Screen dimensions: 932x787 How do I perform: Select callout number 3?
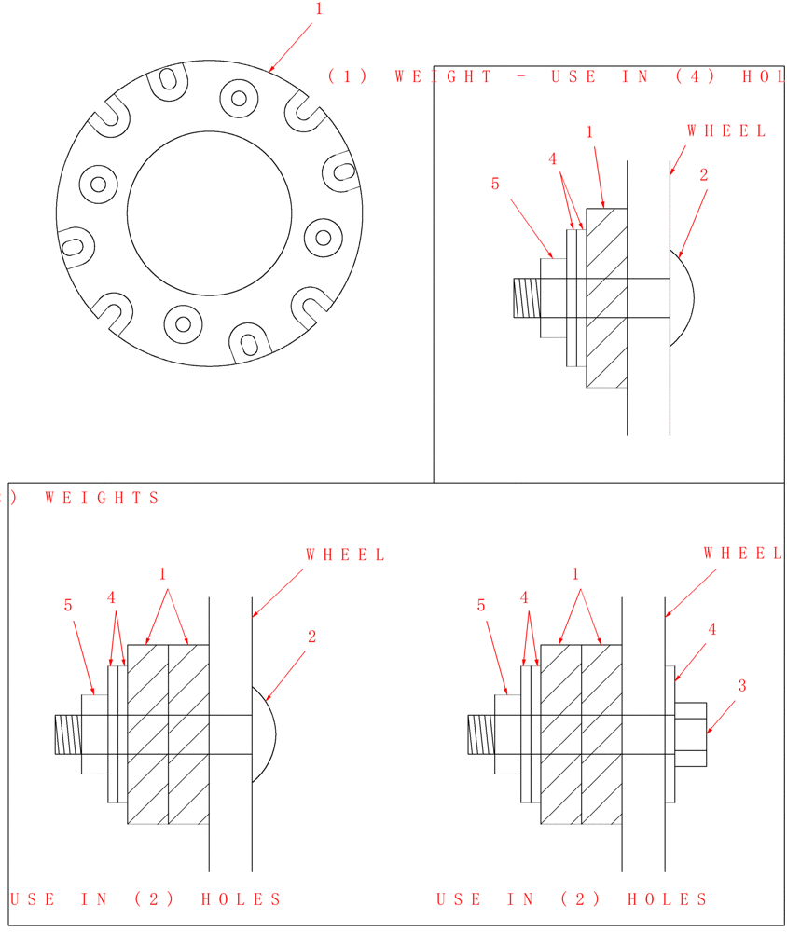click(x=742, y=686)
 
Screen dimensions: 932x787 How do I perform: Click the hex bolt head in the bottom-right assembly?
click(x=690, y=733)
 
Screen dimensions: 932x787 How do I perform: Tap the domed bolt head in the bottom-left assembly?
click(x=265, y=733)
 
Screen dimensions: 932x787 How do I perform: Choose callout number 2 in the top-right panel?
click(x=704, y=174)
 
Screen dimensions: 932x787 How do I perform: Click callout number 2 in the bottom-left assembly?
click(x=312, y=637)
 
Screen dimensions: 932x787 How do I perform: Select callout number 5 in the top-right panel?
click(x=495, y=184)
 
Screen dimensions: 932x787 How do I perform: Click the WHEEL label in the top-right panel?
click(x=727, y=131)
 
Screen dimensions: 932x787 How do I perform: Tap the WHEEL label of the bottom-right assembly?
click(x=743, y=554)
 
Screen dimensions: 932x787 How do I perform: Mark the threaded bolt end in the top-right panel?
click(x=526, y=298)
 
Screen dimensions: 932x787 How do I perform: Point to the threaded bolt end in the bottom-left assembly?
click(x=67, y=733)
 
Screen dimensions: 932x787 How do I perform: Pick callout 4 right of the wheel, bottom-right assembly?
click(x=712, y=629)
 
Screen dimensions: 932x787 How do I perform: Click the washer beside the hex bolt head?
click(x=670, y=733)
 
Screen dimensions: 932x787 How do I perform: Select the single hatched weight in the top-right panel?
click(x=606, y=298)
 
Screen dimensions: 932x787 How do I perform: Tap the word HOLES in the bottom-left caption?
click(x=241, y=899)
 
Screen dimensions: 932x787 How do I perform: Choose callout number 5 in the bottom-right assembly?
click(x=481, y=606)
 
